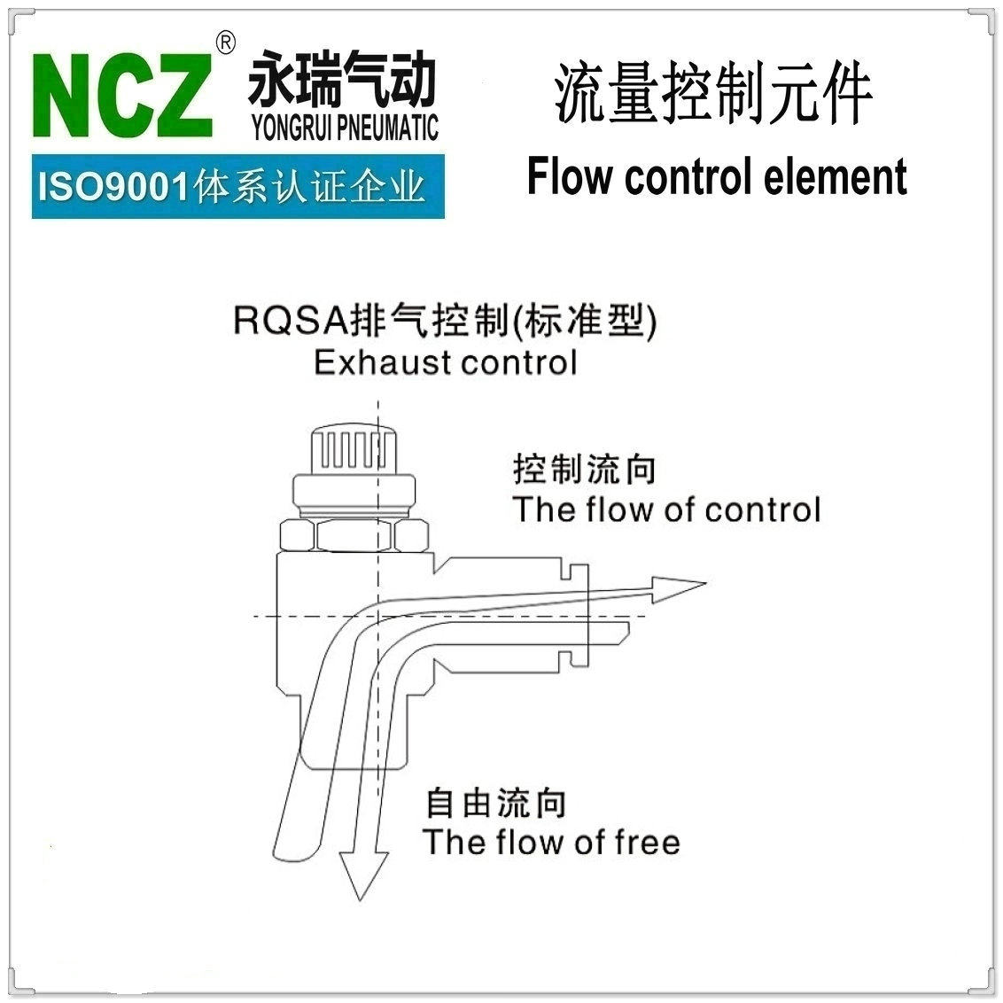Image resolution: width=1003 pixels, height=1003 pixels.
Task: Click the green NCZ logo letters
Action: pyautogui.click(x=123, y=95)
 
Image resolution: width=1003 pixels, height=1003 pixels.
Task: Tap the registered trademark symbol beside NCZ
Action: pyautogui.click(x=225, y=43)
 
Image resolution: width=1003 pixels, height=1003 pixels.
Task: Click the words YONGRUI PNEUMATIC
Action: pyautogui.click(x=345, y=128)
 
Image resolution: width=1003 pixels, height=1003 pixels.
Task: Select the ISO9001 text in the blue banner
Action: pyautogui.click(x=113, y=187)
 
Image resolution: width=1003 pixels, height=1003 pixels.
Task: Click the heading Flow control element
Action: pyautogui.click(x=717, y=176)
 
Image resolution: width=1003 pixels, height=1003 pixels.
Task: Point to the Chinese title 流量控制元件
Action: pyautogui.click(x=713, y=93)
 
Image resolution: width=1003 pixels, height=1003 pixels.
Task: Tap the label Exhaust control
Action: pyautogui.click(x=445, y=362)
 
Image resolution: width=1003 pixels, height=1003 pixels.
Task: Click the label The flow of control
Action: pyautogui.click(x=666, y=509)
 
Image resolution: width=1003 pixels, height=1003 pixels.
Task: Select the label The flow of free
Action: pyautogui.click(x=551, y=842)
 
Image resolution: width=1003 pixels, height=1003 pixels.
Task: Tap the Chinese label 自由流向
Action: pyautogui.click(x=496, y=803)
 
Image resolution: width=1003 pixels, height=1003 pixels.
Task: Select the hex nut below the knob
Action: pyautogui.click(x=354, y=535)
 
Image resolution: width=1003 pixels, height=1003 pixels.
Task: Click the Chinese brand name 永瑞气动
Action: pyautogui.click(x=343, y=80)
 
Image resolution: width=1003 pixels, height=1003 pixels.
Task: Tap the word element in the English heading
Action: pyautogui.click(x=836, y=176)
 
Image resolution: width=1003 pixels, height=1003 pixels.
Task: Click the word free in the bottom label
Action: pyautogui.click(x=647, y=842)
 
